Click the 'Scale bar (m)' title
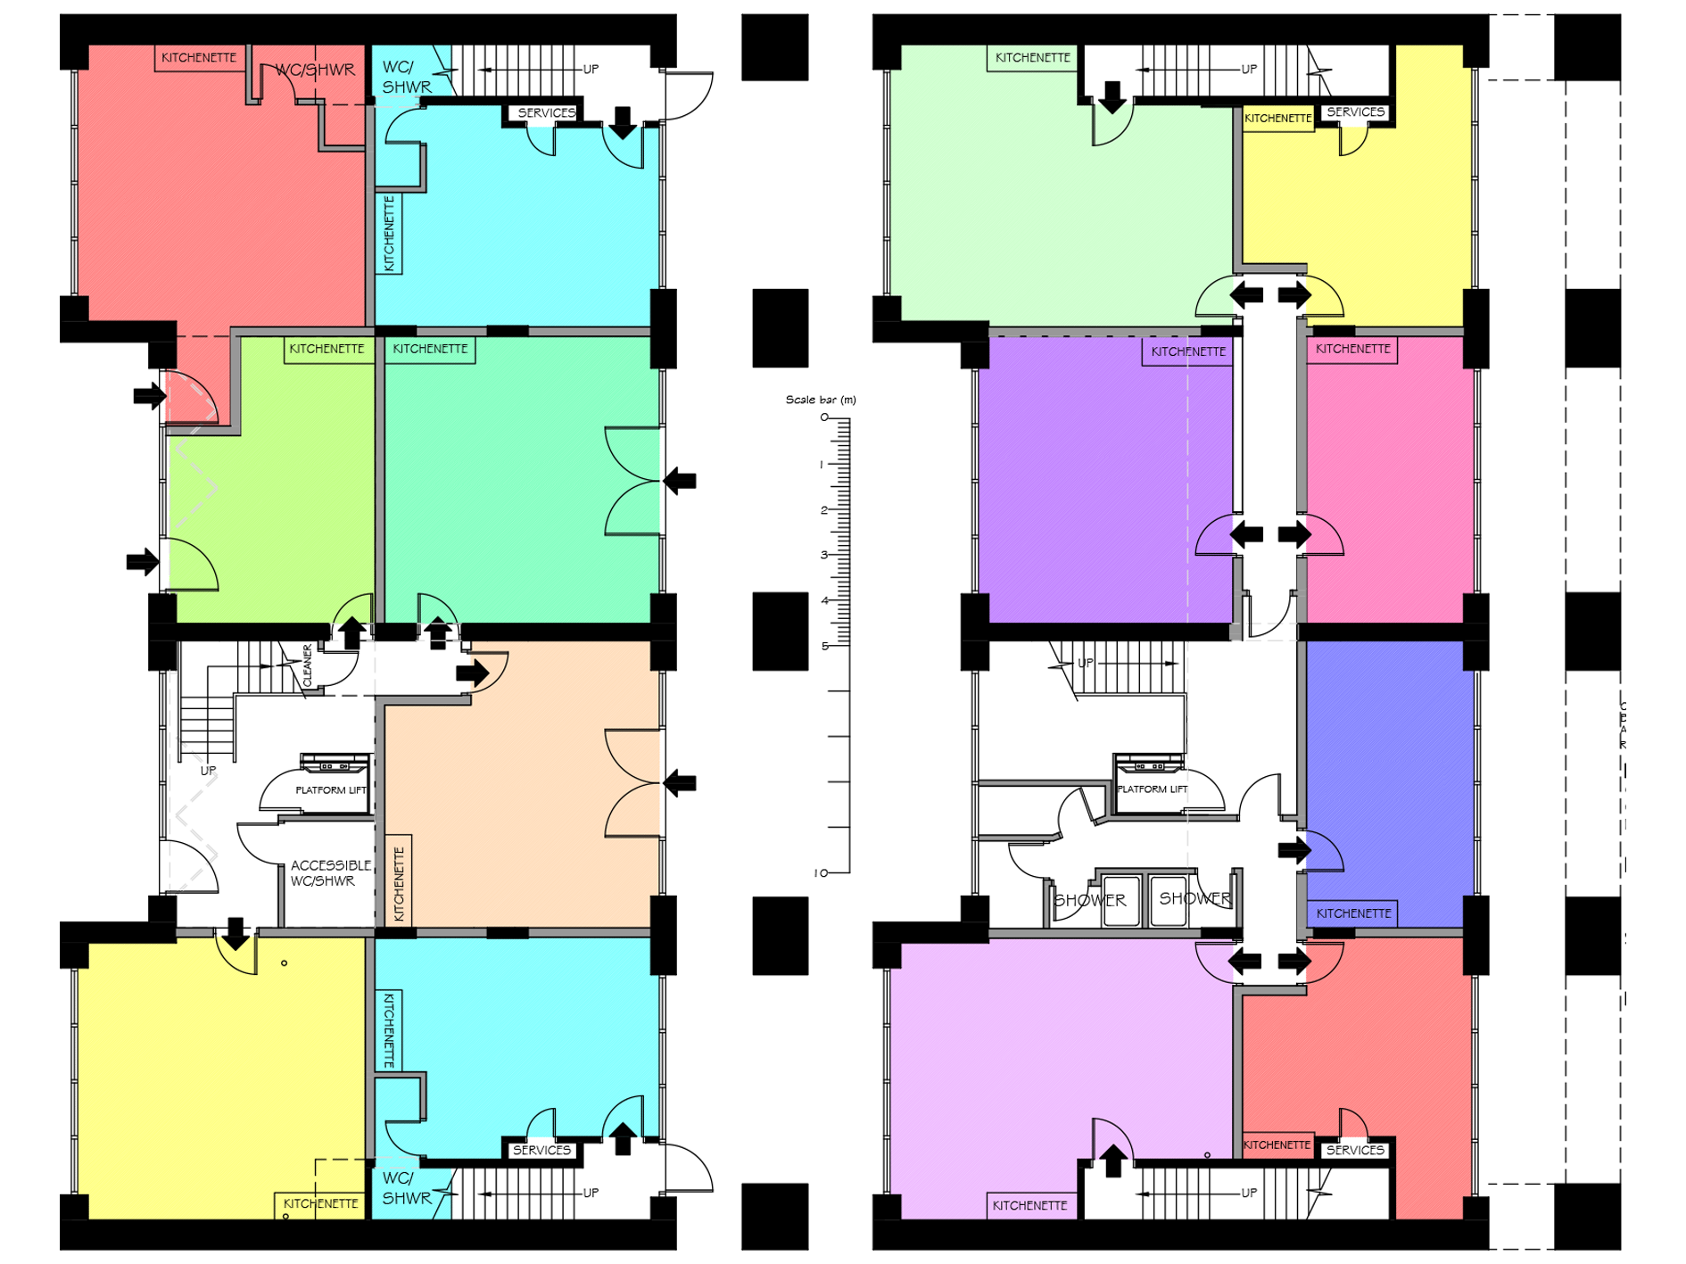[820, 400]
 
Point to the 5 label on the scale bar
[824, 646]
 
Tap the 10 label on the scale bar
[820, 872]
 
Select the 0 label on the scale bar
[824, 417]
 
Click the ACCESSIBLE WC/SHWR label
[330, 873]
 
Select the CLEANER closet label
[308, 665]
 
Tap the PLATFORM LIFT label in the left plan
[331, 790]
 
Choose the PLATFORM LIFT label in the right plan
[1152, 789]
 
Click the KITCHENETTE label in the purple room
[1188, 351]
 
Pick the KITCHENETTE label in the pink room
[1352, 349]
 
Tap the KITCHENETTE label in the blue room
[1353, 913]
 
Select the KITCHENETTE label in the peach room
[399, 884]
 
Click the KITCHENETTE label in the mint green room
[430, 349]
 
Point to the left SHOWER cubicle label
[1090, 901]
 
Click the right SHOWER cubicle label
[1194, 899]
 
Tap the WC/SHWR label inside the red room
[314, 70]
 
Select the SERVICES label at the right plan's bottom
[1354, 1151]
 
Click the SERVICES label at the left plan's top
[546, 113]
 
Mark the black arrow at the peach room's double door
[681, 784]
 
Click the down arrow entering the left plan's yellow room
[236, 934]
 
